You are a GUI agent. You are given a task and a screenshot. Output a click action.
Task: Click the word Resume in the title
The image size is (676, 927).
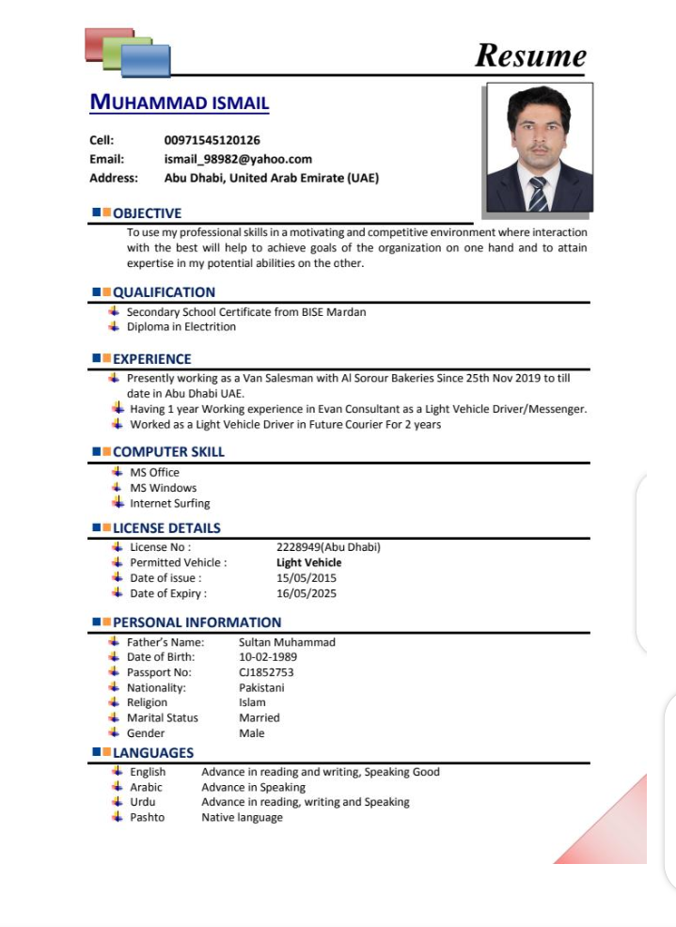[x=530, y=55]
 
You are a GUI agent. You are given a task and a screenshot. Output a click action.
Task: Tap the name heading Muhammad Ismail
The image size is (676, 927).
[x=179, y=102]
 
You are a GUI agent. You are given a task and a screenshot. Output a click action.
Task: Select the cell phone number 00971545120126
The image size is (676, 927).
[x=212, y=140]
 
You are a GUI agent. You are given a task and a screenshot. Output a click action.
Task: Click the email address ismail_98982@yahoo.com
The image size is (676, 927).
[x=238, y=159]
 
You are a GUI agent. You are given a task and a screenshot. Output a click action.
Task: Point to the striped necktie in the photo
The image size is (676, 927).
[x=538, y=194]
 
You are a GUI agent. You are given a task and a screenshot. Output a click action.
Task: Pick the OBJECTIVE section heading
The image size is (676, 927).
[x=147, y=213]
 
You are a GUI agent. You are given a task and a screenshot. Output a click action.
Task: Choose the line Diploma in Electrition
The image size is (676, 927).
[x=181, y=327]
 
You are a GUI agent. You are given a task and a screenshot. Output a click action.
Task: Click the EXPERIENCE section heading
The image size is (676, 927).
[x=151, y=359]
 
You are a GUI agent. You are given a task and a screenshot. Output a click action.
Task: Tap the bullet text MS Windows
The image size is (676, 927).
[x=163, y=488]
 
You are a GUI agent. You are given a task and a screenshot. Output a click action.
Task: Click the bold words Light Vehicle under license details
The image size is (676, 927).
[x=308, y=562]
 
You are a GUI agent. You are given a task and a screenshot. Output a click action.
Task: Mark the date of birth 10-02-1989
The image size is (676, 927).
[x=268, y=657]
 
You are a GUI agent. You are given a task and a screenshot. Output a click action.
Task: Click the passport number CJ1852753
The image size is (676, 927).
[x=266, y=672]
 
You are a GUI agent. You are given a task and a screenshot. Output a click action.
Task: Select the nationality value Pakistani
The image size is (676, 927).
[x=261, y=687]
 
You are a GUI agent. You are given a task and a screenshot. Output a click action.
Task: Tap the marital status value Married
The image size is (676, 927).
[x=259, y=717]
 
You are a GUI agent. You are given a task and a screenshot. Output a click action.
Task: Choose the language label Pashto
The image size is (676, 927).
[x=147, y=817]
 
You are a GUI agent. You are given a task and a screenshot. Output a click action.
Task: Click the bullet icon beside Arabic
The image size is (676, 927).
[x=117, y=787]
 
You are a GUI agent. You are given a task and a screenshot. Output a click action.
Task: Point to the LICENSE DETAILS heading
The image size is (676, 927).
[x=166, y=528]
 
